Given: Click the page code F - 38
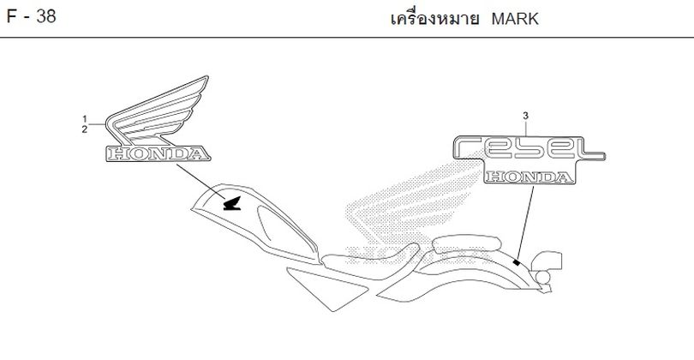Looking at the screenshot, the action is tap(31, 17).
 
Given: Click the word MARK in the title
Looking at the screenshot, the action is tap(515, 19).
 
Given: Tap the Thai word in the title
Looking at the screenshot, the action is tap(434, 19).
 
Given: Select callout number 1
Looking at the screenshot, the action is tap(84, 118).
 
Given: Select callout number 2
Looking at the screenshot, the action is tap(84, 129).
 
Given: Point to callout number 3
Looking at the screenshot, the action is tap(525, 116).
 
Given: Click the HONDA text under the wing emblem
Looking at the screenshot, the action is tap(158, 153).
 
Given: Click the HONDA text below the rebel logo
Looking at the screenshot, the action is tap(529, 177).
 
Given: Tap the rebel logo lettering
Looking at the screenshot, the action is tap(529, 148).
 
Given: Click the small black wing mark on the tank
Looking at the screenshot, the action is tap(232, 203).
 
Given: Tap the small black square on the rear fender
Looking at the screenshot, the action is tap(516, 263).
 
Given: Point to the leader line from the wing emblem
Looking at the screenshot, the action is tap(201, 182).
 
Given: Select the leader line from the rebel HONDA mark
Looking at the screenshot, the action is tap(525, 222).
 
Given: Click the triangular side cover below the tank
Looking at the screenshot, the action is tap(327, 288).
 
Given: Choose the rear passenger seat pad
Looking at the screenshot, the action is tap(466, 244).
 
